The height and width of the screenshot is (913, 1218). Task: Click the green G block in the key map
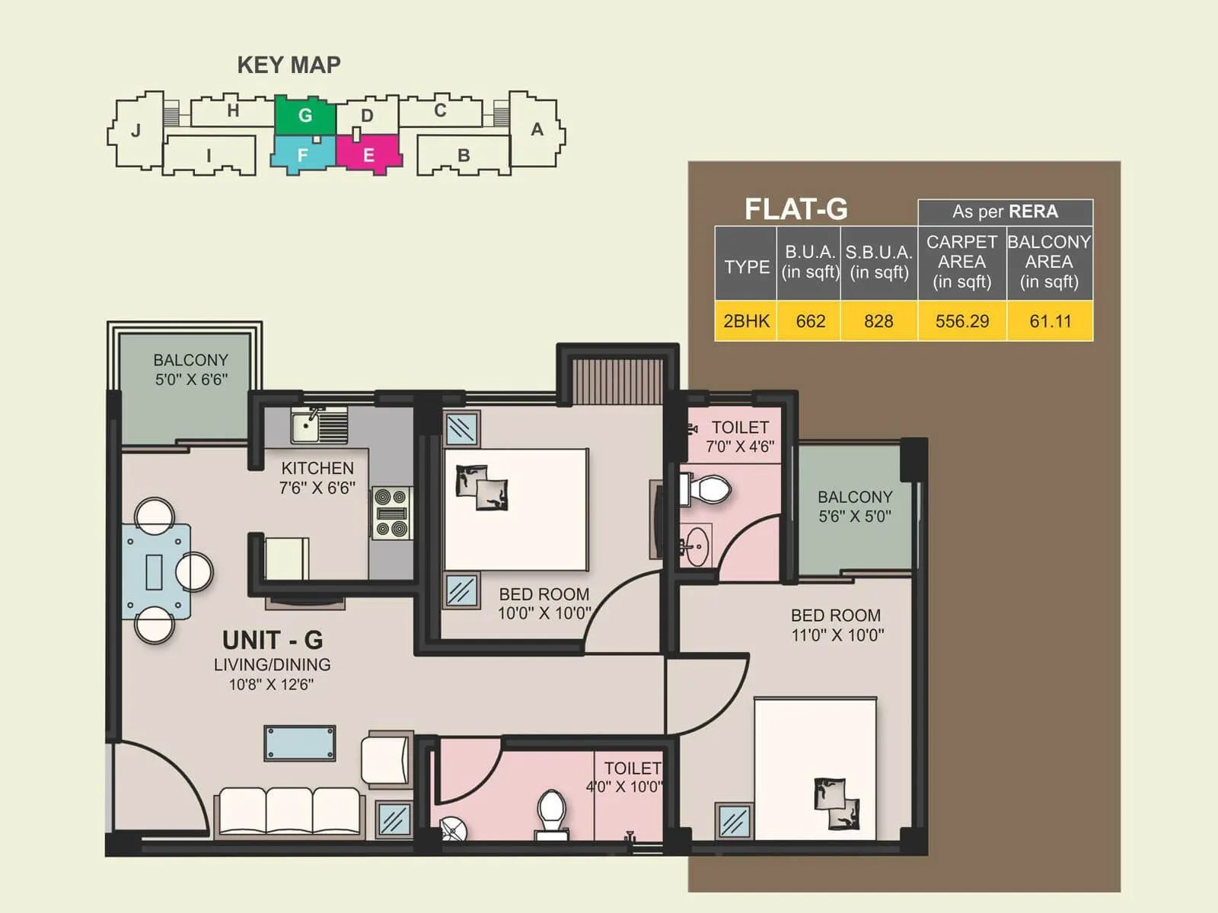(x=304, y=116)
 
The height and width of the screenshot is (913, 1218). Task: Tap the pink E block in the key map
(x=368, y=154)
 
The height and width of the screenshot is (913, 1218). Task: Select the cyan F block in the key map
(x=303, y=154)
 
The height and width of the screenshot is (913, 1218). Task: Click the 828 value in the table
(x=878, y=321)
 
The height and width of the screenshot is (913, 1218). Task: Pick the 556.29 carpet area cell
(x=962, y=321)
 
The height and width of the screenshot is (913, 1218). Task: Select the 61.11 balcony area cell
(x=1050, y=321)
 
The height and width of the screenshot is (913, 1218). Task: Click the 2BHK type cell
(x=746, y=321)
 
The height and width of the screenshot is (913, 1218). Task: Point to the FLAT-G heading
(x=796, y=209)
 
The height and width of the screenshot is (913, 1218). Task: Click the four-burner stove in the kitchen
(x=392, y=514)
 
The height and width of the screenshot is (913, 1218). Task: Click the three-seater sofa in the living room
(x=289, y=812)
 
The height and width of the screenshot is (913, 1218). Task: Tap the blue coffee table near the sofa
(x=300, y=743)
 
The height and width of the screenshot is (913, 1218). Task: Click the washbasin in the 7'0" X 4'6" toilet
(x=695, y=546)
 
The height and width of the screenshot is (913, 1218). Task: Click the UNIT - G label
(x=272, y=639)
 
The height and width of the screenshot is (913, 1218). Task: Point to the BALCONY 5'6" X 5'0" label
(x=854, y=506)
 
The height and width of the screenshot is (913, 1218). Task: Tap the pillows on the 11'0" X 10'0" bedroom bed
(x=836, y=803)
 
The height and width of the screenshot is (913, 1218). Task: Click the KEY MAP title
(x=289, y=65)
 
